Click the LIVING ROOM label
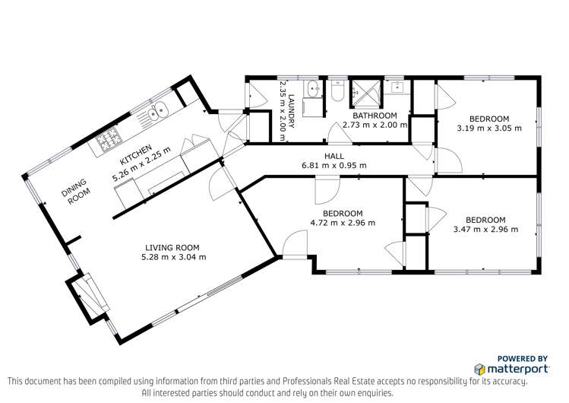click(172, 248)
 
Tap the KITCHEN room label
click(136, 154)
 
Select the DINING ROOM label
click(75, 191)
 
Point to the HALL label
click(334, 156)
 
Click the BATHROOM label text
click(375, 116)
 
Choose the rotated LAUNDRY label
click(291, 111)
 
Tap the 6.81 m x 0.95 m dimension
click(334, 166)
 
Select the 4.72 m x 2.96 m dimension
click(343, 223)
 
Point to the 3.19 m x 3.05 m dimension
click(489, 129)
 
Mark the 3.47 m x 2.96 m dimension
click(486, 230)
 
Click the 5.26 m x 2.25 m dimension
click(141, 164)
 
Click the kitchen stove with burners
click(107, 140)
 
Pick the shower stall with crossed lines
click(366, 94)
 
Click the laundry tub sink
click(313, 88)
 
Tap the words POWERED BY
click(522, 359)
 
